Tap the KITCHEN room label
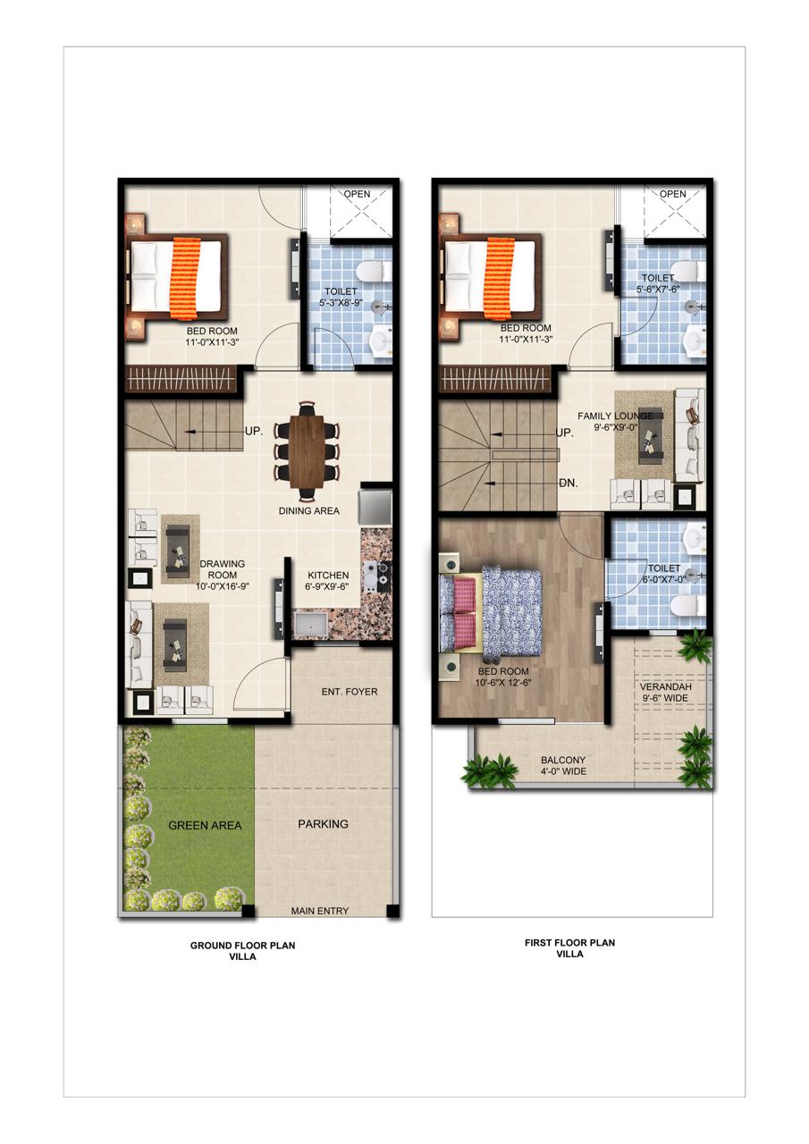[328, 575]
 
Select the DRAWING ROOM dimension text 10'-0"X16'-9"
[223, 586]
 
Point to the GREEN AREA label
[205, 825]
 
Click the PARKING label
[323, 824]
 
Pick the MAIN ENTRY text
[320, 911]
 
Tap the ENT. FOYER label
[350, 692]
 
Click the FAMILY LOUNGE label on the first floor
[615, 416]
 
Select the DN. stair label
[568, 483]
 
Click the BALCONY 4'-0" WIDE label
[563, 766]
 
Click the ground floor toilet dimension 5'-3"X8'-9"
[341, 302]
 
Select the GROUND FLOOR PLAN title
[242, 946]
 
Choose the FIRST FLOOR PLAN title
[570, 943]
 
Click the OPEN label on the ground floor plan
[357, 194]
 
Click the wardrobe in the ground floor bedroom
[181, 380]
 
